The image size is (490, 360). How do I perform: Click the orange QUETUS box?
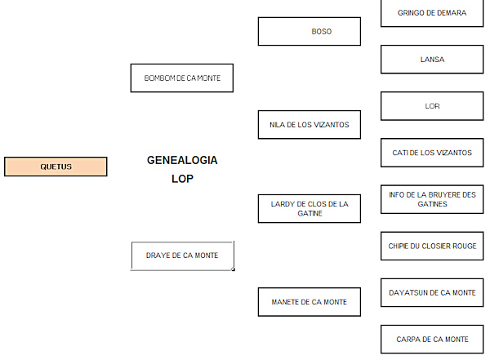(56, 167)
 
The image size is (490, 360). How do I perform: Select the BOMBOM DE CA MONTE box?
(181, 78)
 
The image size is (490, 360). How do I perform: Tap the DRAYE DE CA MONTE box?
(182, 256)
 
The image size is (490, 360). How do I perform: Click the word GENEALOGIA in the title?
(182, 160)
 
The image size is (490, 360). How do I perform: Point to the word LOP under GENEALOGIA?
(182, 178)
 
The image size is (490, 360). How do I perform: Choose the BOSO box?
(309, 32)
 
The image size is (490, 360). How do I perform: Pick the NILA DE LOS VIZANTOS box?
(309, 125)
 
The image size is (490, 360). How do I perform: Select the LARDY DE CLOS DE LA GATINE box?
(309, 209)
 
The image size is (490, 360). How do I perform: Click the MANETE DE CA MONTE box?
(309, 302)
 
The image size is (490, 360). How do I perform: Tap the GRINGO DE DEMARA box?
(432, 13)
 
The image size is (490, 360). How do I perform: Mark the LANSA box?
(432, 60)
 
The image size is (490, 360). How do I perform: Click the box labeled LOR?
(432, 106)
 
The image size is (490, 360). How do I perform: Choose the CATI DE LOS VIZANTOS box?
(432, 153)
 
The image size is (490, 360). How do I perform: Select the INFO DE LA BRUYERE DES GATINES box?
(432, 199)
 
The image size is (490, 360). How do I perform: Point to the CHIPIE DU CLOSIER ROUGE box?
(432, 246)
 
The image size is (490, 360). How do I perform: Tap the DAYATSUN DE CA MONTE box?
(432, 292)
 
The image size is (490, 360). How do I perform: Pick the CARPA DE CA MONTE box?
(432, 339)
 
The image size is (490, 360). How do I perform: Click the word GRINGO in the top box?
(411, 13)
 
